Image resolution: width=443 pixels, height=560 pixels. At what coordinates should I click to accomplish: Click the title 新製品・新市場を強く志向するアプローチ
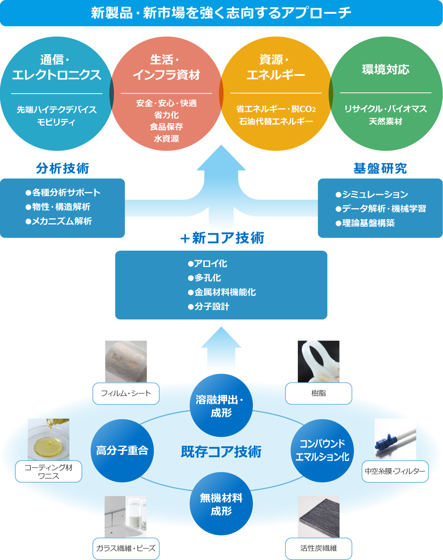click(x=221, y=13)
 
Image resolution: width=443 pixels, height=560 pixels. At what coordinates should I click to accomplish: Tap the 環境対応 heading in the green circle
click(x=386, y=70)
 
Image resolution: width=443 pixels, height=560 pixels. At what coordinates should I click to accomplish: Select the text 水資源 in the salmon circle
click(x=166, y=139)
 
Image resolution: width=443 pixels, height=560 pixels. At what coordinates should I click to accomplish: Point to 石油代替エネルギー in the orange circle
click(x=276, y=121)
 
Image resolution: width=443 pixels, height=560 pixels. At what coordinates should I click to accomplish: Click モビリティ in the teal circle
click(x=56, y=122)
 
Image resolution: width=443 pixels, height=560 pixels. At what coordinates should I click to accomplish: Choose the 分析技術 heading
click(x=62, y=168)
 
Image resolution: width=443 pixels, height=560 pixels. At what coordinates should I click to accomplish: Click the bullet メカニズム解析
click(x=59, y=221)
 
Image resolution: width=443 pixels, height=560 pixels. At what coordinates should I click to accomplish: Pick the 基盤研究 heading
click(x=380, y=168)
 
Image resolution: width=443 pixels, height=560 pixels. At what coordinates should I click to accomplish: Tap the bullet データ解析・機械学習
click(x=381, y=209)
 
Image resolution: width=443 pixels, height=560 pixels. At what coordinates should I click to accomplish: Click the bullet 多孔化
click(x=205, y=278)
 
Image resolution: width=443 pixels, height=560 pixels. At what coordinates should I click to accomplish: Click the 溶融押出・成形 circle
click(x=221, y=406)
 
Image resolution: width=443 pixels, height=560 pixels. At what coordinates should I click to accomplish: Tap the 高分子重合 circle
click(x=122, y=450)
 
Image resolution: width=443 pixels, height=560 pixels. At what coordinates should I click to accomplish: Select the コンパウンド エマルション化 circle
click(x=322, y=450)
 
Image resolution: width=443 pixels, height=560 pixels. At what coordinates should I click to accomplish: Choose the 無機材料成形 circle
click(x=221, y=504)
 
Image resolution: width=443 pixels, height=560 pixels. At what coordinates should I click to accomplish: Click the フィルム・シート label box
click(x=126, y=393)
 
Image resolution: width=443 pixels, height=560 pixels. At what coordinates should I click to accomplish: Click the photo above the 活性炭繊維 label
click(x=319, y=516)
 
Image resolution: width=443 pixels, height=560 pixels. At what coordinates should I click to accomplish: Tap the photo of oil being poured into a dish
click(x=48, y=439)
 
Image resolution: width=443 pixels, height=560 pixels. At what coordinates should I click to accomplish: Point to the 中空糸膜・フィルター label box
click(x=395, y=471)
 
